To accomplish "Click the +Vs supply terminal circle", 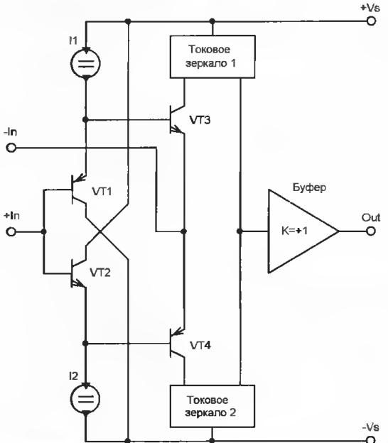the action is (371, 21).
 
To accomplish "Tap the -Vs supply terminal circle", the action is (371, 439).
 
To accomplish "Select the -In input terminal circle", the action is (11, 148).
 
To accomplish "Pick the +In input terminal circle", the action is (11, 231).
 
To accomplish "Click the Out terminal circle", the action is (371, 231).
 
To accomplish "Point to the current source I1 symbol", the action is (85, 63).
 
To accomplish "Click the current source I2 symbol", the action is (85, 399).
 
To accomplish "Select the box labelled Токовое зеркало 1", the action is (212, 57).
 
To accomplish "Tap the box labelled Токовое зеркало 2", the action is (212, 406).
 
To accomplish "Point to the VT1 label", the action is (102, 192).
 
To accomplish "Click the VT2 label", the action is (100, 273).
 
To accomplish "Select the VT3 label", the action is (200, 120).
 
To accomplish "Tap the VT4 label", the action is (200, 345).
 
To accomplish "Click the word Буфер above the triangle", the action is (309, 187).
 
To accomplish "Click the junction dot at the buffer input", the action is (239, 231).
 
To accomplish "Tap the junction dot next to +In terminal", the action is (43, 231).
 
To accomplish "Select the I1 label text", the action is (73, 40).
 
